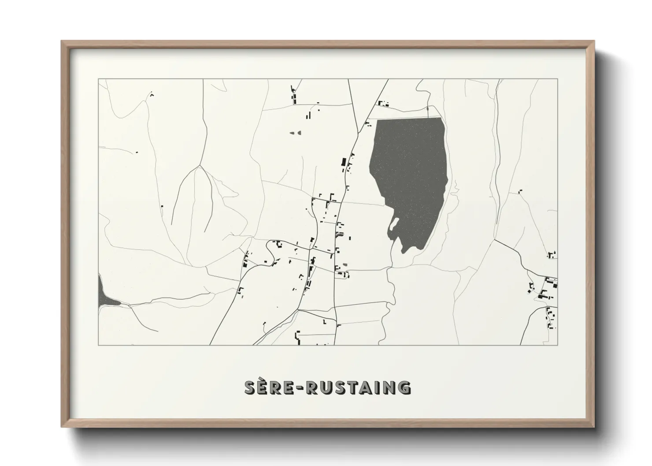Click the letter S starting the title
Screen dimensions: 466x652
tap(251, 388)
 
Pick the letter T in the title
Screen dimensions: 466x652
tap(351, 388)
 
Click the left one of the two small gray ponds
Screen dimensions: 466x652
tap(291, 132)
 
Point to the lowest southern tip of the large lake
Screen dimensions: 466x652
tap(404, 252)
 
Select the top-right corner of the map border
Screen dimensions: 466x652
tap(557, 79)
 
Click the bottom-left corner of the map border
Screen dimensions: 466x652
tap(98, 345)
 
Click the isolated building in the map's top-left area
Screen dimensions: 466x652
tap(152, 94)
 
